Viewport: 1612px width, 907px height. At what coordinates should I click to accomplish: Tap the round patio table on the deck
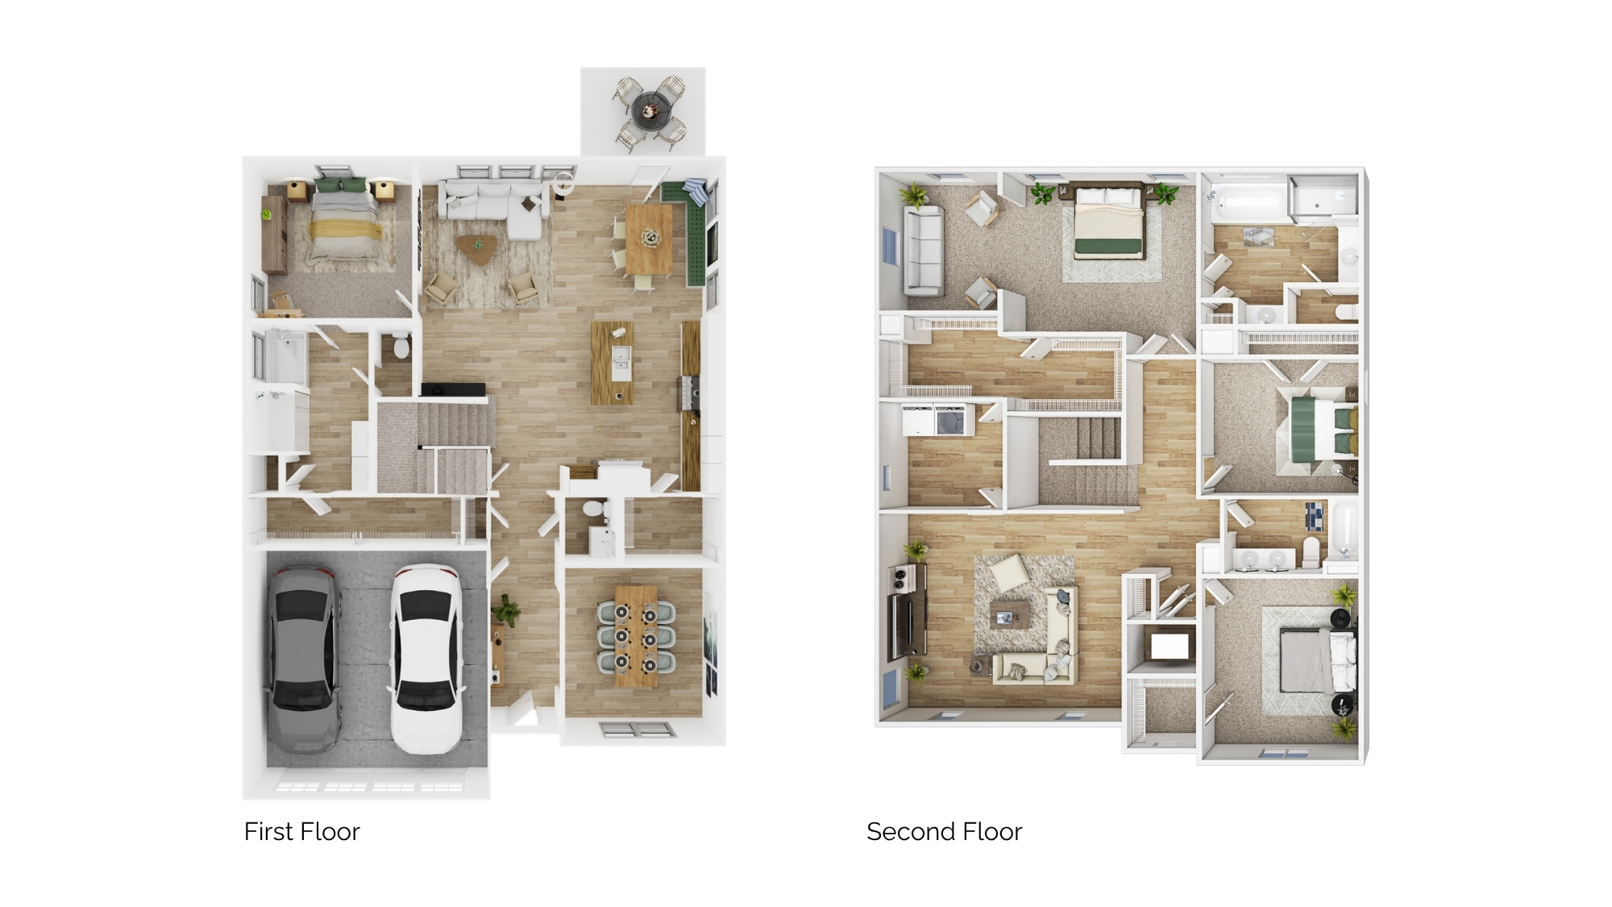coord(648,110)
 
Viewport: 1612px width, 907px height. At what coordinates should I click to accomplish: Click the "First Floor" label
coord(301,831)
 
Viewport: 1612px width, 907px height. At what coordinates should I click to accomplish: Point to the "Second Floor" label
coord(944,831)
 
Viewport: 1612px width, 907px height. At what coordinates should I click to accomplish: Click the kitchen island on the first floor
coord(613,363)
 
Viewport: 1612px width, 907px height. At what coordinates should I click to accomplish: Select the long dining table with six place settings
coord(636,637)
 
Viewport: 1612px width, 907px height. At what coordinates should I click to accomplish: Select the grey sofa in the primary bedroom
coord(924,251)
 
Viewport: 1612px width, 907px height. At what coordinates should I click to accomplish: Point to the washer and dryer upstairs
coord(934,420)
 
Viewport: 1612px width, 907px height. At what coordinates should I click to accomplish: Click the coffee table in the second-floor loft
coord(1011,614)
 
